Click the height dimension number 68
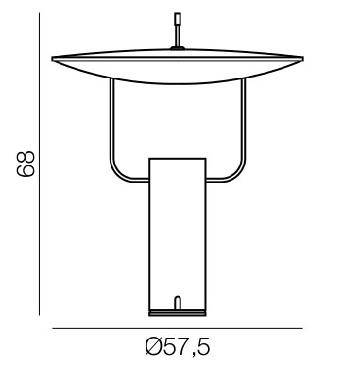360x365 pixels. pyautogui.click(x=26, y=164)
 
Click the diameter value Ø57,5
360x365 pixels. pyautogui.click(x=178, y=346)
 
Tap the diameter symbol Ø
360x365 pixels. pyautogui.click(x=153, y=345)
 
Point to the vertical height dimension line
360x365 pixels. pyautogui.click(x=39, y=164)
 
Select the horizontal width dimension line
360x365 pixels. pyautogui.click(x=178, y=328)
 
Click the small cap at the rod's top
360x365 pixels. pyautogui.click(x=178, y=18)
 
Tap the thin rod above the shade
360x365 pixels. pyautogui.click(x=178, y=35)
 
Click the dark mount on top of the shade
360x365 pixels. pyautogui.click(x=178, y=48)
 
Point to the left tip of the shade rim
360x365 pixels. pyautogui.click(x=53, y=59)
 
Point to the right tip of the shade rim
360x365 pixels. pyautogui.click(x=303, y=59)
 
